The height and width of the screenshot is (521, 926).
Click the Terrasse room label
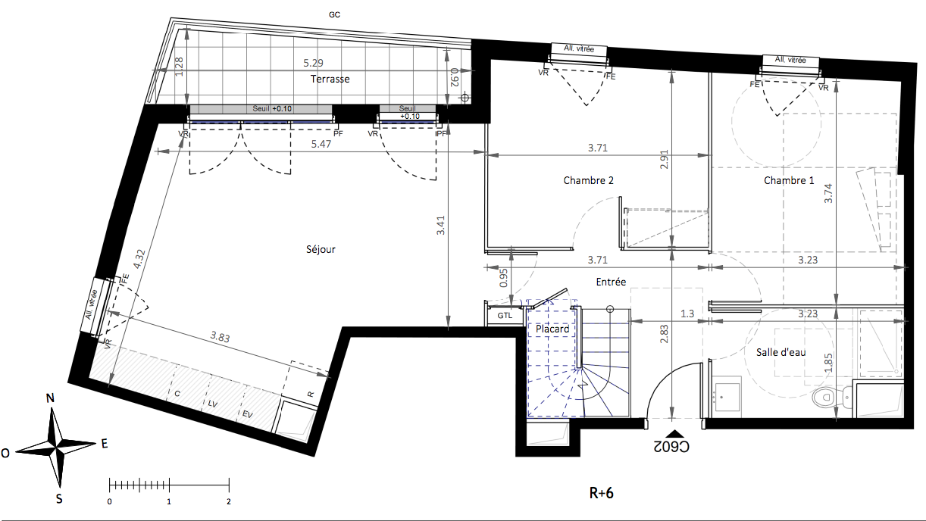coord(330,79)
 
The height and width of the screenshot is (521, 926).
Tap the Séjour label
coord(321,249)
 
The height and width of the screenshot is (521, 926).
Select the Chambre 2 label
coord(588,180)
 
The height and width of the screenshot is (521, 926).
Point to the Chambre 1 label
coord(789,180)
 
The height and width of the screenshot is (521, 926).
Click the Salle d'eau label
coord(781,352)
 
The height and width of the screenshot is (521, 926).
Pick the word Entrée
coord(611,282)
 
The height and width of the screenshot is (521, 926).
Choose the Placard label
coord(552,329)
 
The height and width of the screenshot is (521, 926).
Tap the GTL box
coord(505,316)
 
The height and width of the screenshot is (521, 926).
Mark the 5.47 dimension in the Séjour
coord(321,144)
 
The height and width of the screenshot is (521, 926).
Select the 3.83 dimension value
coord(220,337)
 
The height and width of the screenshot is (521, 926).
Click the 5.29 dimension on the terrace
coord(314,63)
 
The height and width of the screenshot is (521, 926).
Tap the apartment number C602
coord(671,447)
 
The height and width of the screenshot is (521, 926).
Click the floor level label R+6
coord(602,493)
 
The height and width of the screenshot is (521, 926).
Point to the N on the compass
coord(50,398)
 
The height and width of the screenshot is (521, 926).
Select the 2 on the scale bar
coord(229,501)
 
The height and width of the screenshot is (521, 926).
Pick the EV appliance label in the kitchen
coord(247,414)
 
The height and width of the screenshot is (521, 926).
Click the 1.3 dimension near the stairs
coord(687,314)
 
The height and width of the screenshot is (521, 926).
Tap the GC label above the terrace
coord(334,15)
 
